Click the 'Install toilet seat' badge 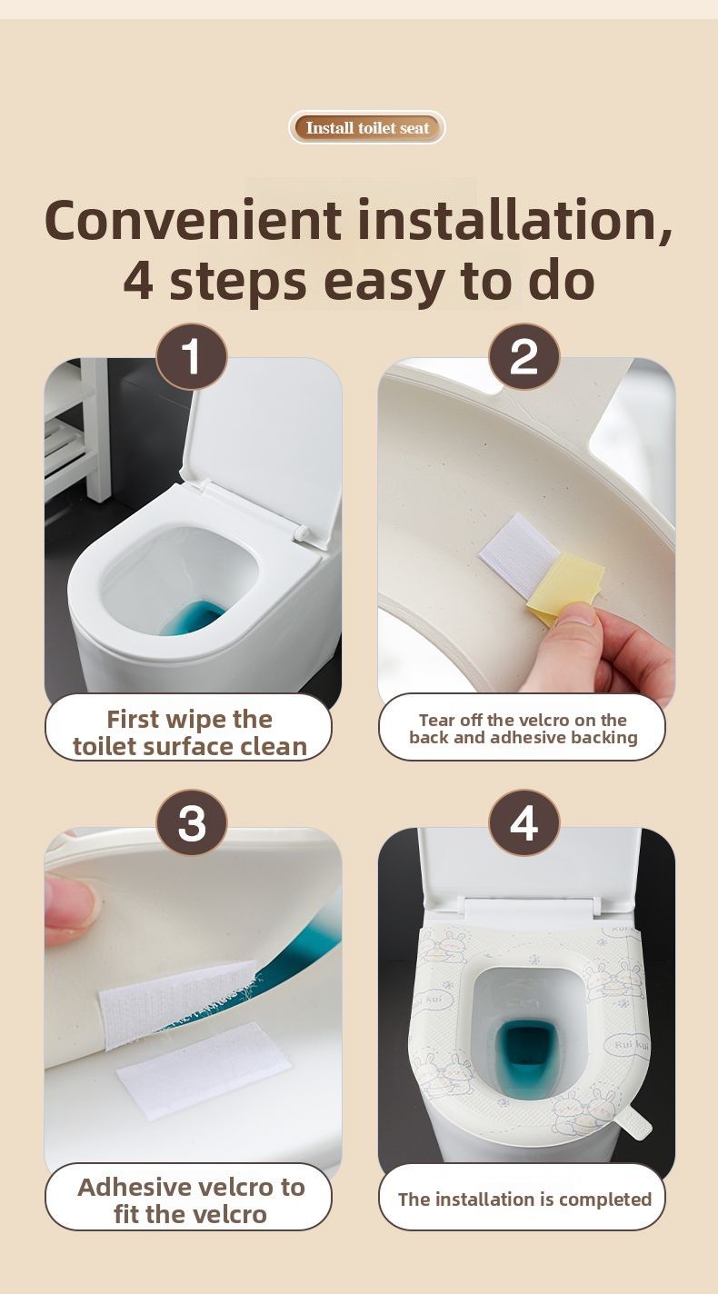pos(367,127)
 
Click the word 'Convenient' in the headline pos(193,220)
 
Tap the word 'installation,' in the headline pos(515,220)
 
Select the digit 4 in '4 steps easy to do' pos(139,282)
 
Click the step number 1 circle pos(192,356)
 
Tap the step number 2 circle pos(524,356)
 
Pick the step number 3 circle pos(192,822)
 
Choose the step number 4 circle pos(524,822)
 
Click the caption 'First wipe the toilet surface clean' pos(189,732)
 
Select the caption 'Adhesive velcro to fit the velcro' pos(191,1201)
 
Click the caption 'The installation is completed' pos(524,1199)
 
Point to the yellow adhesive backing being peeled pos(565,586)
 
